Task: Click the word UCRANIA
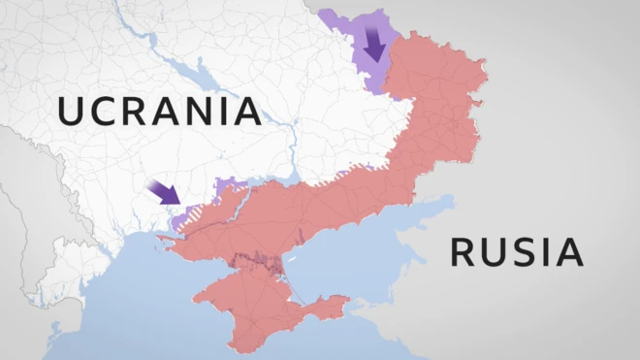159,111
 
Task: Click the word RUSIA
516,252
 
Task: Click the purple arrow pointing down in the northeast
374,45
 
